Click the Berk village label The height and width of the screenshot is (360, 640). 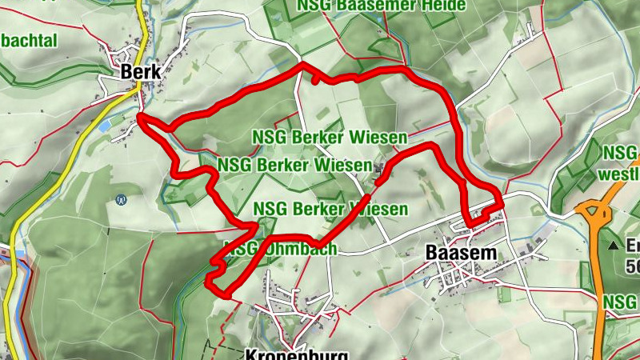pyautogui.click(x=140, y=72)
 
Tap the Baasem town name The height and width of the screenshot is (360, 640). pyautogui.click(x=462, y=252)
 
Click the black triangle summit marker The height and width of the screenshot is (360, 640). pyautogui.click(x=614, y=244)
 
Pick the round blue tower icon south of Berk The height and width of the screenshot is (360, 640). pyautogui.click(x=121, y=199)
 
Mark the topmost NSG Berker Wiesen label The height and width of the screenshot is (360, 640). pyautogui.click(x=330, y=137)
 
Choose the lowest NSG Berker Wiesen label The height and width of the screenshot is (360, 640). pyautogui.click(x=330, y=210)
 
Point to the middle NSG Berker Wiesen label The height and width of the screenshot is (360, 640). pyautogui.click(x=294, y=165)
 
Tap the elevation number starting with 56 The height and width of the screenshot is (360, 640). pyautogui.click(x=632, y=266)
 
